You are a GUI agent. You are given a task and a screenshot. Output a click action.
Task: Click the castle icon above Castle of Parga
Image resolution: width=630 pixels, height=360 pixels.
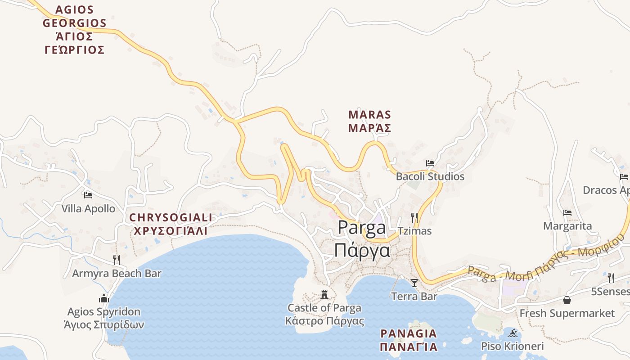[x=324, y=295]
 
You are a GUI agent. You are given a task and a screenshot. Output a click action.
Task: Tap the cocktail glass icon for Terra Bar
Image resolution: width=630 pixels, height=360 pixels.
[x=414, y=283]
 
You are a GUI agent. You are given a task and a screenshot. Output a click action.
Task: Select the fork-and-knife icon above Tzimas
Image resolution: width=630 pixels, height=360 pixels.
[x=414, y=218]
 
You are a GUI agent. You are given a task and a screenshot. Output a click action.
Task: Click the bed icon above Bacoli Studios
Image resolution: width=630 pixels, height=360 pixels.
[x=430, y=163]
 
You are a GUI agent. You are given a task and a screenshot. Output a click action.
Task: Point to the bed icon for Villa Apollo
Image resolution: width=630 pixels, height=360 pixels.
[x=88, y=195]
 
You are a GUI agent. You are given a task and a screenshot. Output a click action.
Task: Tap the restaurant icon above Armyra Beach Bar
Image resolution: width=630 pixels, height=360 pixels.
[x=117, y=260]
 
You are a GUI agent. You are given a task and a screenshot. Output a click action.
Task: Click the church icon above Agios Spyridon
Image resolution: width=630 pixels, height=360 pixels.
[x=104, y=298]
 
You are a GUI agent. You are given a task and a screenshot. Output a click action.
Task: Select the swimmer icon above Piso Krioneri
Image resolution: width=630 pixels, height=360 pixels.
[x=513, y=333]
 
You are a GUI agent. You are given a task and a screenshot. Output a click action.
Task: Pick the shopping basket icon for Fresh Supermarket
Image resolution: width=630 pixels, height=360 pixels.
[x=567, y=300]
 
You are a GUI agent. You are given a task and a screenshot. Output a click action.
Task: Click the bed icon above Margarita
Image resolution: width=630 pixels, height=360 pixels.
[x=567, y=213]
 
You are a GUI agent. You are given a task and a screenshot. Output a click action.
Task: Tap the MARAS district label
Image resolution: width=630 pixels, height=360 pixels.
[x=369, y=121]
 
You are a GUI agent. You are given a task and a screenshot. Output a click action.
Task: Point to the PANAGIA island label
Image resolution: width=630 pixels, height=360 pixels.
[x=409, y=340]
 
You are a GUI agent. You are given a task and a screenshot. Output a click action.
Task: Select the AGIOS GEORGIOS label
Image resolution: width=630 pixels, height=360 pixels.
[x=75, y=30]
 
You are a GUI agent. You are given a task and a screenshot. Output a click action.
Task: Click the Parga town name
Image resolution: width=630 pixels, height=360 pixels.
[x=362, y=238]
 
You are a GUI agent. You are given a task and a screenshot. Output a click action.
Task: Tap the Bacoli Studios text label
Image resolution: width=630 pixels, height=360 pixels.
[x=430, y=176]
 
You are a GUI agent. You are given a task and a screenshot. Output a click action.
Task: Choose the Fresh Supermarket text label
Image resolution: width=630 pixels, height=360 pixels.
[x=567, y=313]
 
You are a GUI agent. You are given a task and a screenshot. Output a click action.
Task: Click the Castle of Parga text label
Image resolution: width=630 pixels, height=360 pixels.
[x=324, y=314]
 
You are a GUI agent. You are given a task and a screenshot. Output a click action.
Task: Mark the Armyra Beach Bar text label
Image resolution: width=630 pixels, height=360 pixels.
[x=117, y=273]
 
